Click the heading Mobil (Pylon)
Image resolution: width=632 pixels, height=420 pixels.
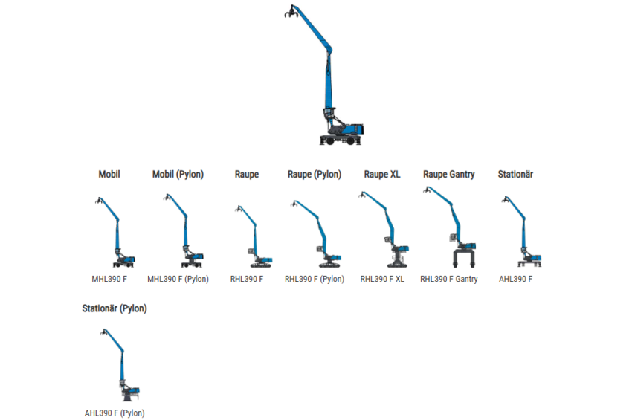178,175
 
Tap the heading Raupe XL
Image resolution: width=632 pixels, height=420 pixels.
382,175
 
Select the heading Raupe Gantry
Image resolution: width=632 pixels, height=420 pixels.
448,175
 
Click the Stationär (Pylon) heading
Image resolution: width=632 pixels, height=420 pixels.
115,308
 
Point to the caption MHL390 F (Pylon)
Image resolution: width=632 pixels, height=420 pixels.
178,280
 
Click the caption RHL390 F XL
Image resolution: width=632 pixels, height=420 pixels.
382,280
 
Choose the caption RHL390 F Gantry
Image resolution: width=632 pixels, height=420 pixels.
448,280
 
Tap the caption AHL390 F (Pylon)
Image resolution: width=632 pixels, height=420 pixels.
115,413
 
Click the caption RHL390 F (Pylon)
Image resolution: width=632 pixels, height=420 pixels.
315,280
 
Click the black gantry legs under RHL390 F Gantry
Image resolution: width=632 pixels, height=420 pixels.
464,259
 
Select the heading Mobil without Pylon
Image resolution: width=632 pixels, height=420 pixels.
109,175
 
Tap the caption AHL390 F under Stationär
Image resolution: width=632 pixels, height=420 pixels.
515,280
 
